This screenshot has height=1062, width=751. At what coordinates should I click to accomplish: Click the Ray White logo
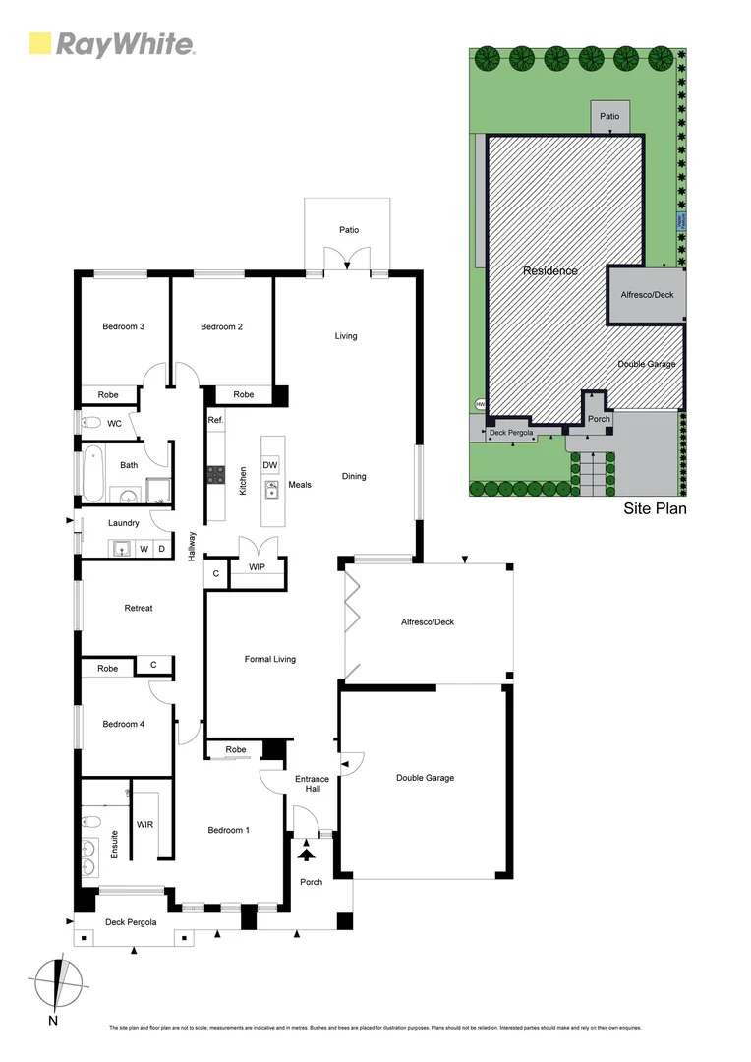[111, 44]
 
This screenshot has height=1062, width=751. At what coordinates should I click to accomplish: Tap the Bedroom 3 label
[124, 327]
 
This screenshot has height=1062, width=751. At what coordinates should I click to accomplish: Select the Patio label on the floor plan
[349, 230]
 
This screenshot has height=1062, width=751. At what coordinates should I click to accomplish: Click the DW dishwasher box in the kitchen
[269, 465]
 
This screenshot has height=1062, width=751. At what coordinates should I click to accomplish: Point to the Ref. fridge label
[216, 420]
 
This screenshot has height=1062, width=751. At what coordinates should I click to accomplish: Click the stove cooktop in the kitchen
[215, 475]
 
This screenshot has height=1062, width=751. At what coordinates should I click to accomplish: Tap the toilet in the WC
[91, 424]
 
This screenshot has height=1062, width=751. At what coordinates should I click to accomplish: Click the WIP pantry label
[257, 567]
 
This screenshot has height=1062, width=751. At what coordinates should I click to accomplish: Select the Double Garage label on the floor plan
[425, 778]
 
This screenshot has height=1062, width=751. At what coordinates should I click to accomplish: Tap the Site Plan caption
[655, 509]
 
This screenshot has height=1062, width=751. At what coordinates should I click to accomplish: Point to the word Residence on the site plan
[549, 270]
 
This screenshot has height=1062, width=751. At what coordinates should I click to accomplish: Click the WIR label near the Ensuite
[144, 824]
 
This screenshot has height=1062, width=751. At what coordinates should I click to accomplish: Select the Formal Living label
[269, 659]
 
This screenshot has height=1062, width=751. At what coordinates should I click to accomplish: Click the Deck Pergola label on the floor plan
[131, 922]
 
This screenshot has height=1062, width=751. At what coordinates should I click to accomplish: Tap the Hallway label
[193, 547]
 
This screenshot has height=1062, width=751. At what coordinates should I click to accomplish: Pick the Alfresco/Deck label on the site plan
[647, 294]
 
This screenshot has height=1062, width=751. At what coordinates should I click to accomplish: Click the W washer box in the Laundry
[144, 548]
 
